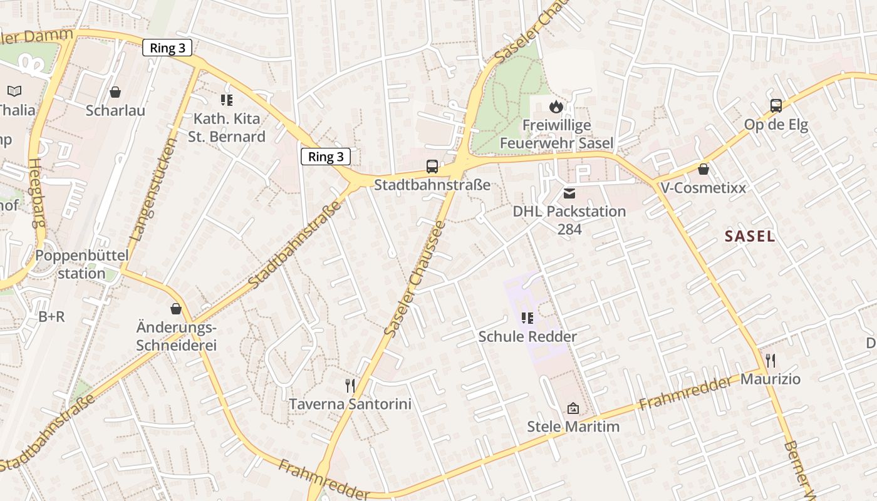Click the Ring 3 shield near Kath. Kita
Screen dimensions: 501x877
pos(167,48)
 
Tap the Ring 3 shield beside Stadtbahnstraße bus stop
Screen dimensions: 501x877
pos(326,157)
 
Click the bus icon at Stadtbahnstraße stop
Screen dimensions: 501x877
pos(432,167)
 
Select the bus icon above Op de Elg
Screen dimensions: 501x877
pos(776,106)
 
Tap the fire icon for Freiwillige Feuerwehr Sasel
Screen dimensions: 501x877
pos(556,107)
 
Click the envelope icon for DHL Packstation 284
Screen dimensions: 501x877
pos(569,193)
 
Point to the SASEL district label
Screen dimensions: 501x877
pos(750,236)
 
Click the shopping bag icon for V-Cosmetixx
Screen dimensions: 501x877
pos(703,169)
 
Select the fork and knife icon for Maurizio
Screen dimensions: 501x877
pos(771,361)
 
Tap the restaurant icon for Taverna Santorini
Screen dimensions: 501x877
pos(350,385)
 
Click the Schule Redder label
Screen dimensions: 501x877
pos(527,336)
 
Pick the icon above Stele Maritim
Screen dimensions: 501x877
pos(573,409)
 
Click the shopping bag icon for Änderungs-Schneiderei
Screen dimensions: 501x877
pos(176,309)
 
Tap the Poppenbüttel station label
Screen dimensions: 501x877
pos(81,264)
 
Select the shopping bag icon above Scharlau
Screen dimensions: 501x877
pos(115,93)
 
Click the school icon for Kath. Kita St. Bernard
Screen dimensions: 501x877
pos(227,100)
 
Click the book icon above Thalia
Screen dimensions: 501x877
pos(14,91)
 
